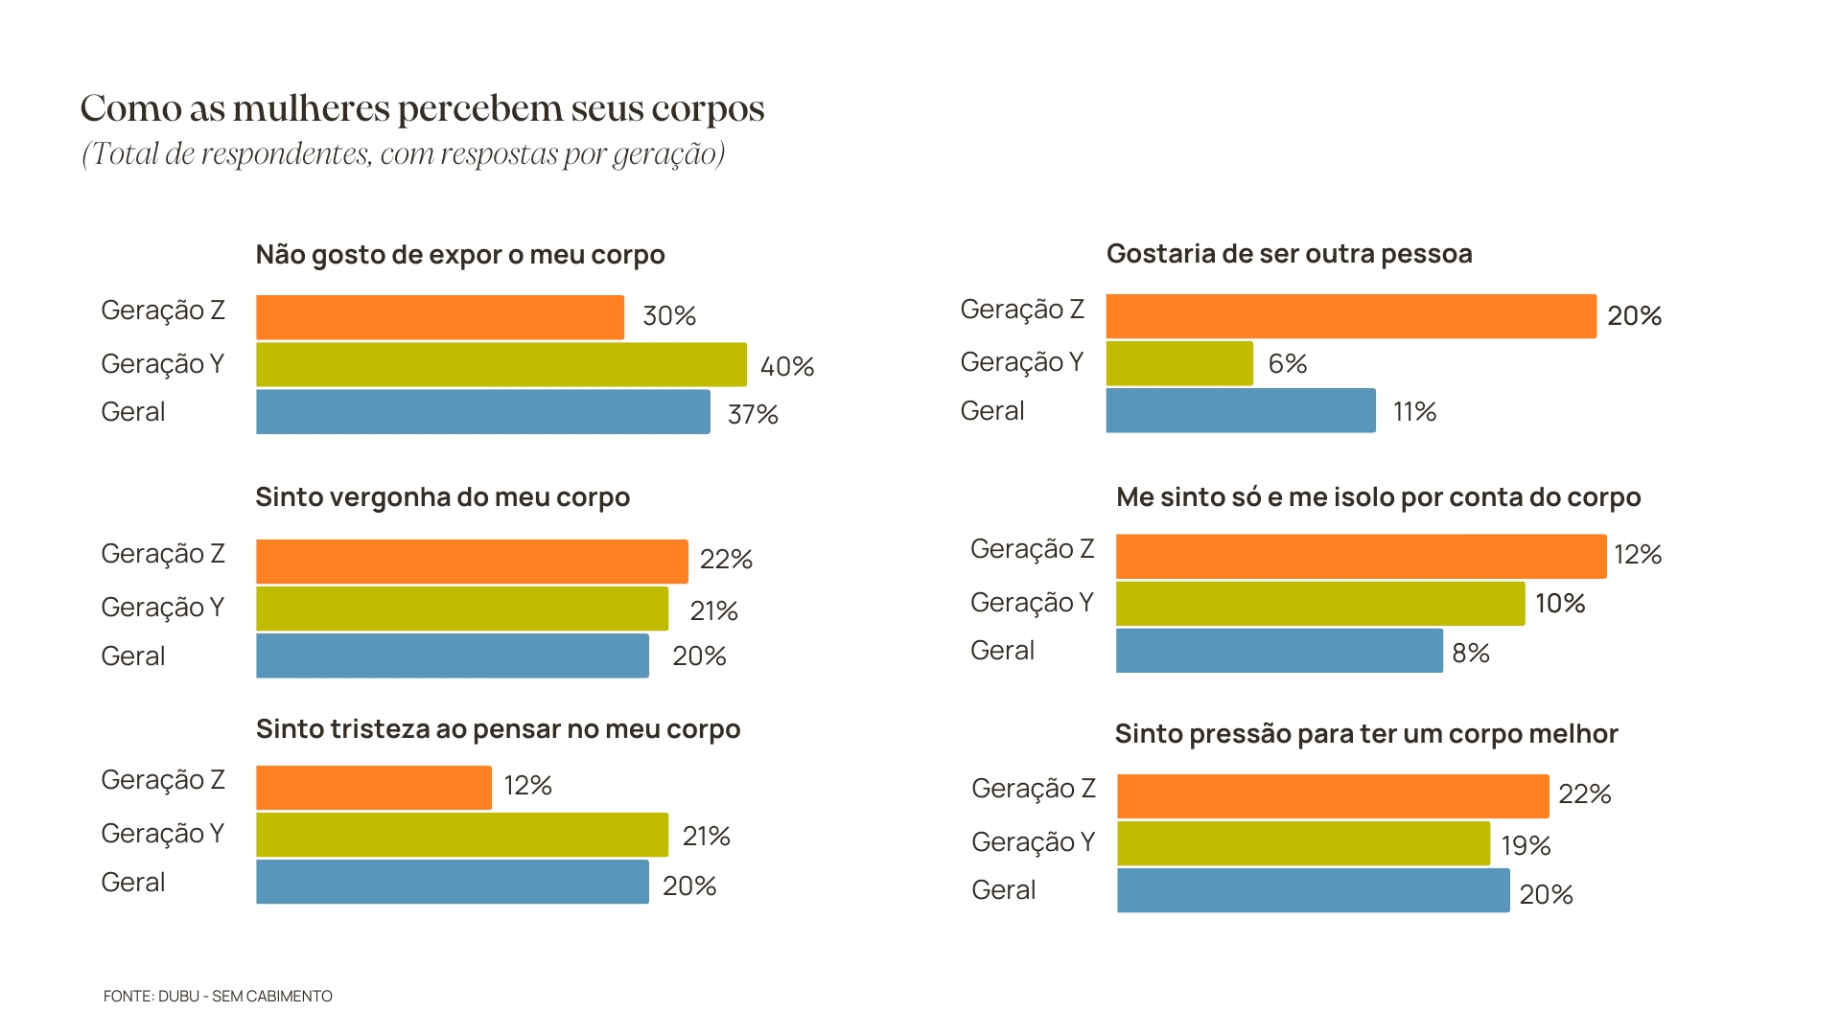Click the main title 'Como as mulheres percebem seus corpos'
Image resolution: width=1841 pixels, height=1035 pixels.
[x=422, y=109]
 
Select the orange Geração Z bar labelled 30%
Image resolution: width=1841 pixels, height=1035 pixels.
[x=439, y=317]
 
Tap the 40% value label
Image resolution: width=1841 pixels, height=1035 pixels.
[x=786, y=366]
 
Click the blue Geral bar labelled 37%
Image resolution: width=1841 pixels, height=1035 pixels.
[x=482, y=412]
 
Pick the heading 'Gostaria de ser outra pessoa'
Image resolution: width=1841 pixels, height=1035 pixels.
[x=1289, y=254]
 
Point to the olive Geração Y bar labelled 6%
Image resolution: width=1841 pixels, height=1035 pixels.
[x=1178, y=363]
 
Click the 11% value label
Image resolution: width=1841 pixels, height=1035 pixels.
[x=1414, y=412]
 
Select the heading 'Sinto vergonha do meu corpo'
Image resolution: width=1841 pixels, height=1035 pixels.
[x=442, y=497]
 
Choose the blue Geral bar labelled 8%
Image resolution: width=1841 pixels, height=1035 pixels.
[x=1278, y=651]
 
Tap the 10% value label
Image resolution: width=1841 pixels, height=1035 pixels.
[x=1559, y=604]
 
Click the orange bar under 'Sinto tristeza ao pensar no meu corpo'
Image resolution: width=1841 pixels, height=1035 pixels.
[x=373, y=788]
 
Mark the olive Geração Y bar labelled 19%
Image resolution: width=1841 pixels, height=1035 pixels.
[x=1303, y=843]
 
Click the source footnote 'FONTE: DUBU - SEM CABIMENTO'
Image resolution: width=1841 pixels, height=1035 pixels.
[x=218, y=997]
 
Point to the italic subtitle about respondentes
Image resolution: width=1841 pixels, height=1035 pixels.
[x=403, y=154]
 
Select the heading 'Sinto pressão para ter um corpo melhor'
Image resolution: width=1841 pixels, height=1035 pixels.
[x=1365, y=734]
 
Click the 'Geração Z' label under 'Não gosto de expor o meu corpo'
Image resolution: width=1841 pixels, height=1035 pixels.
[x=162, y=310]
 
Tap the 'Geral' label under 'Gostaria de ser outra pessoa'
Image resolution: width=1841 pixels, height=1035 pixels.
[x=991, y=411]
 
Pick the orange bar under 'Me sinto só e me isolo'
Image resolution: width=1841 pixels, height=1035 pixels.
[x=1360, y=557]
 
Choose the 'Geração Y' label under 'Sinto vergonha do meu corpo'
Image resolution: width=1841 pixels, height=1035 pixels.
[x=162, y=608]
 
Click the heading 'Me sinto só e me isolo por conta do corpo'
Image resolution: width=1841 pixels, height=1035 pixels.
[x=1378, y=497]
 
